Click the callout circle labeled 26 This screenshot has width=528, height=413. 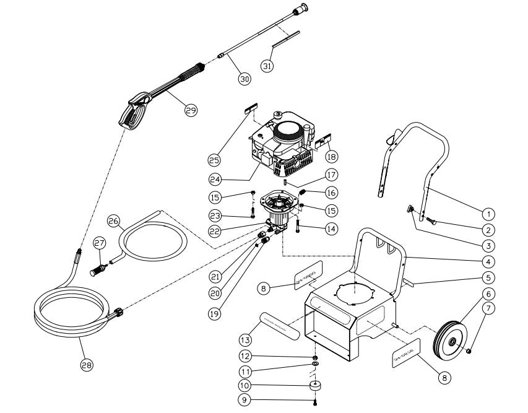[114, 220]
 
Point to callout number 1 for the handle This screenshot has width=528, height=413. [488, 214]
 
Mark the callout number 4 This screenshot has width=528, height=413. [488, 261]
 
